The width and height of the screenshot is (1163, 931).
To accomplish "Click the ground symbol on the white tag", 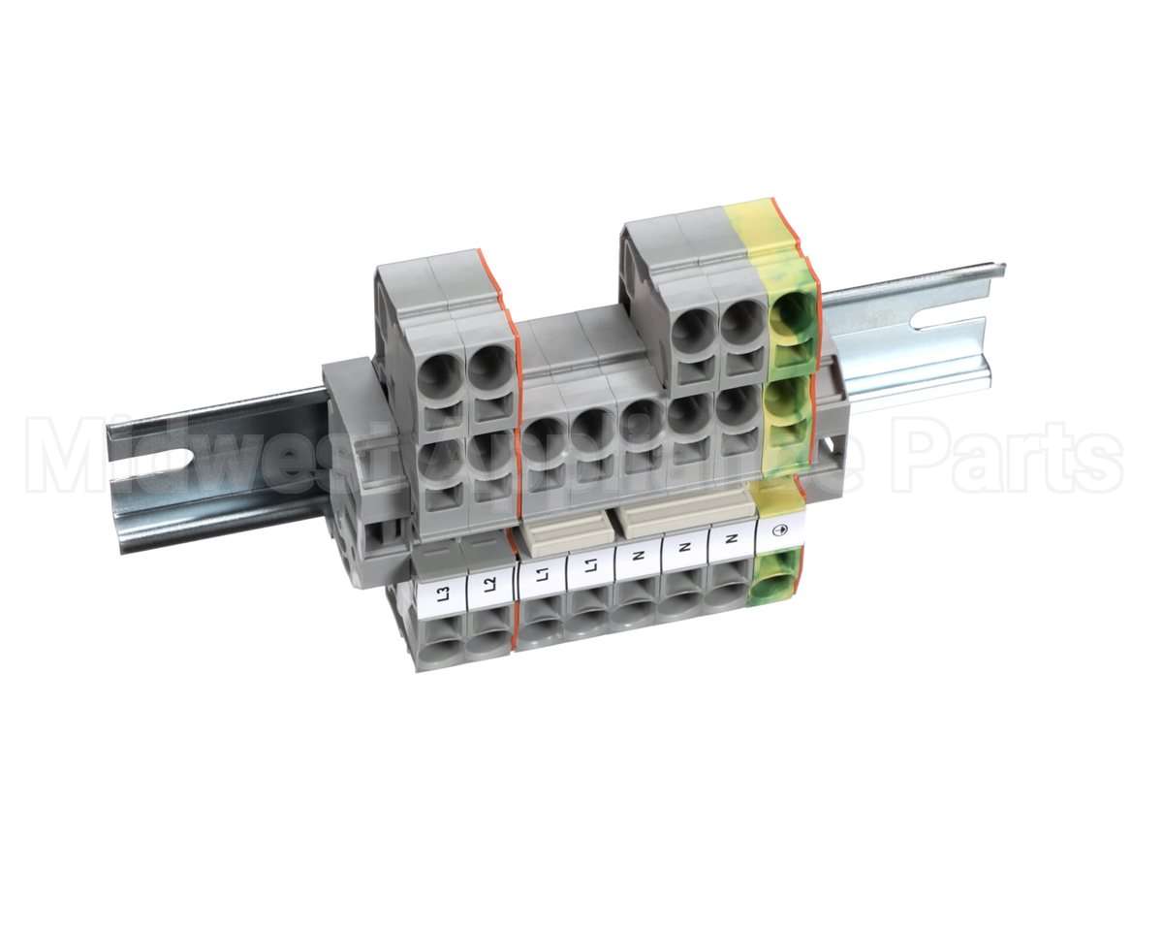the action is tap(780, 530).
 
